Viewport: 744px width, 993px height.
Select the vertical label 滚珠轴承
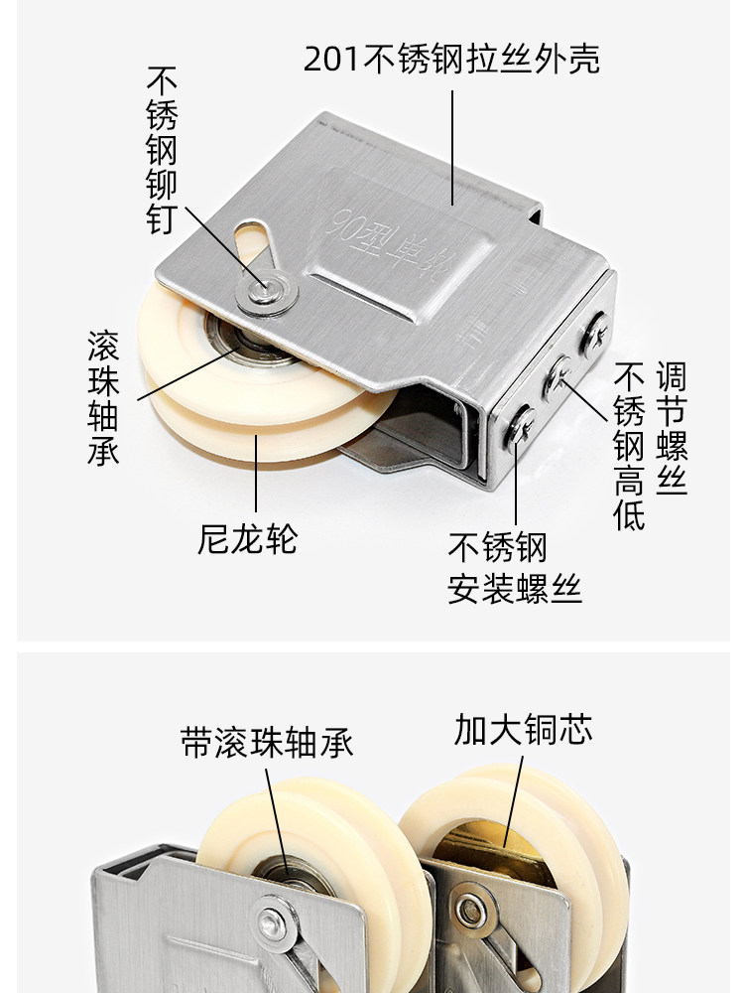(x=102, y=397)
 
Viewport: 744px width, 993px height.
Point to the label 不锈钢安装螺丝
(x=514, y=568)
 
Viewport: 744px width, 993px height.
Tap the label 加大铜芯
(x=523, y=729)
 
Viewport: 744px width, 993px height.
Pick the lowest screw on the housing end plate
(x=523, y=427)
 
